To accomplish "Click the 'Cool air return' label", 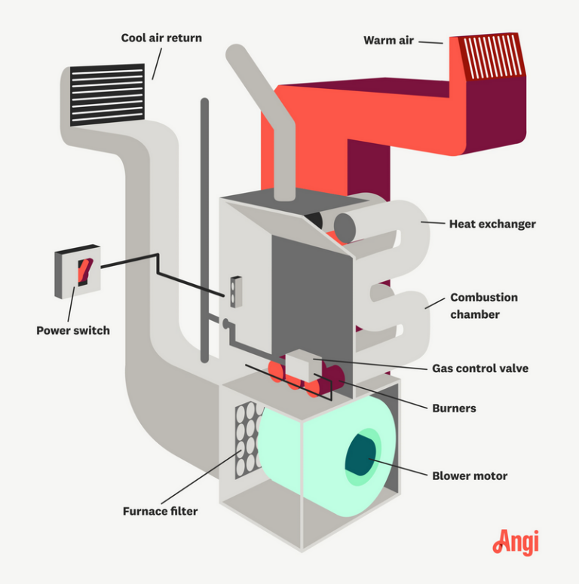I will tap(161, 38).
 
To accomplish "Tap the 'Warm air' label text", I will tap(389, 41).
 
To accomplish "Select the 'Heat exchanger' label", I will tap(492, 224).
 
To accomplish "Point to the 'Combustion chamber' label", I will tap(483, 305).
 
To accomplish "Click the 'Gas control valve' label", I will tap(479, 368).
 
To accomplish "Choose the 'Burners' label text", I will tap(454, 408).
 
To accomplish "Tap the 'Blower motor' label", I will tap(469, 475).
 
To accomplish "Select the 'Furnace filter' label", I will tap(160, 511).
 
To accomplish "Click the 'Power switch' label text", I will tap(72, 330).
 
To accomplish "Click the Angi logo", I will tap(516, 542).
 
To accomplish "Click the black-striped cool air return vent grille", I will tap(106, 95).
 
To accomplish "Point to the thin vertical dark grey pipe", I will tap(204, 226).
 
